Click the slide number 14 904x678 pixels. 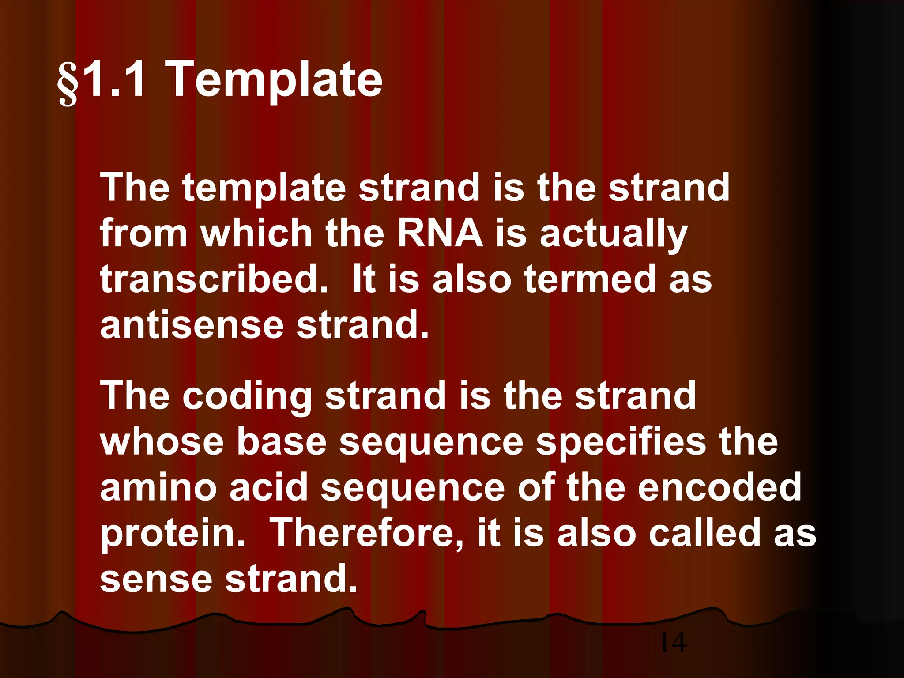(672, 642)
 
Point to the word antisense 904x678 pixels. (192, 325)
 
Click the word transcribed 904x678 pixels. (214, 279)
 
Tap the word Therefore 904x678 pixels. (367, 533)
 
